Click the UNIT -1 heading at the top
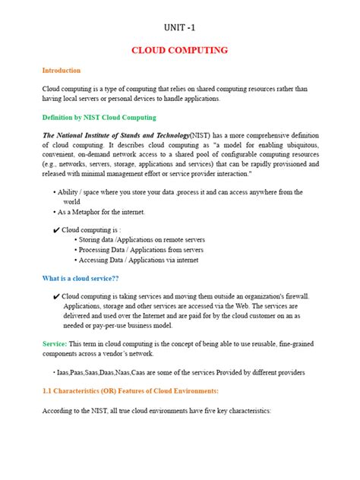click(x=179, y=28)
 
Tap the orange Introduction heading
click(x=61, y=70)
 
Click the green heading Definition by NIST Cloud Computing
click(x=99, y=118)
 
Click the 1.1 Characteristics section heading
click(x=130, y=390)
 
